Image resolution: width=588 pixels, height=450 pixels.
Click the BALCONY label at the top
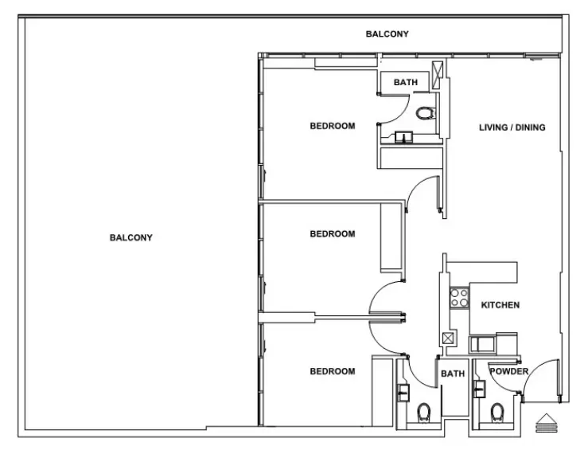(x=387, y=34)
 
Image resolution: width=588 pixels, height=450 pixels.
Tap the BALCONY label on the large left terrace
(x=130, y=237)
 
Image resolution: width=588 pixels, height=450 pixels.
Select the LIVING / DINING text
(x=512, y=127)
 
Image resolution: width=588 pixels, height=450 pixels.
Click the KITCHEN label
(x=500, y=305)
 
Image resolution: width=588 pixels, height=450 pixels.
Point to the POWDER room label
(x=508, y=372)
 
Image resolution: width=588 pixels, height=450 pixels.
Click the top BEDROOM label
(x=332, y=126)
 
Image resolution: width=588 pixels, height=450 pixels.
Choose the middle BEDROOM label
(x=332, y=234)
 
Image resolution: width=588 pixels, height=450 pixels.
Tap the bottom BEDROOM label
(x=332, y=371)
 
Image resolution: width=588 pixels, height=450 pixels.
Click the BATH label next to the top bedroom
(x=405, y=82)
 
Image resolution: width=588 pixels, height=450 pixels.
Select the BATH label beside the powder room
(x=453, y=374)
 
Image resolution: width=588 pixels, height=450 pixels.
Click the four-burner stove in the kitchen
(x=459, y=298)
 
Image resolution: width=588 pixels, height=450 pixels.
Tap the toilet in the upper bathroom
(x=427, y=112)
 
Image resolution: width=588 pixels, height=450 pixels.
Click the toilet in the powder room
(x=498, y=412)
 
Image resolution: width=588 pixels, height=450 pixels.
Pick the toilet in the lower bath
(x=423, y=412)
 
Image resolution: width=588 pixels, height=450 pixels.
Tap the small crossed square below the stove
(x=448, y=338)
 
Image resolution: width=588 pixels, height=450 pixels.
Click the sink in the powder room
(x=479, y=389)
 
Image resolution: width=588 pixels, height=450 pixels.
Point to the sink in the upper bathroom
(x=405, y=139)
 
